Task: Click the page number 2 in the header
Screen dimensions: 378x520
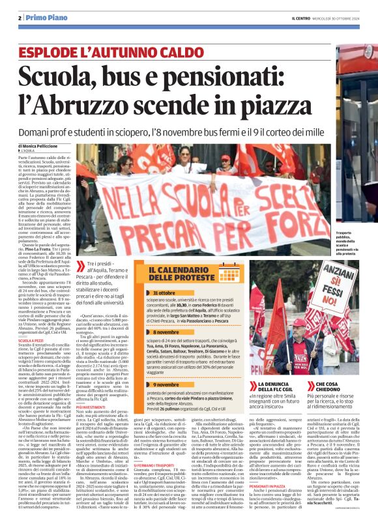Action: click(x=20, y=17)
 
